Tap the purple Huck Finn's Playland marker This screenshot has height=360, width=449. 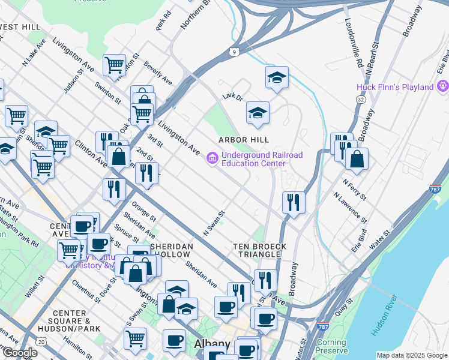click(x=443, y=87)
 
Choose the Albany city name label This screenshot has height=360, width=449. click(x=212, y=344)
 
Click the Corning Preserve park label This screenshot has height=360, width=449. click(x=331, y=346)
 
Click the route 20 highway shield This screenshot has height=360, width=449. click(x=41, y=341)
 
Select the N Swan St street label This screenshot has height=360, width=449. click(x=214, y=222)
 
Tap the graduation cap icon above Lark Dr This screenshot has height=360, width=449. click(x=277, y=77)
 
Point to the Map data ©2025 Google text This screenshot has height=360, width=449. click(x=411, y=355)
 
